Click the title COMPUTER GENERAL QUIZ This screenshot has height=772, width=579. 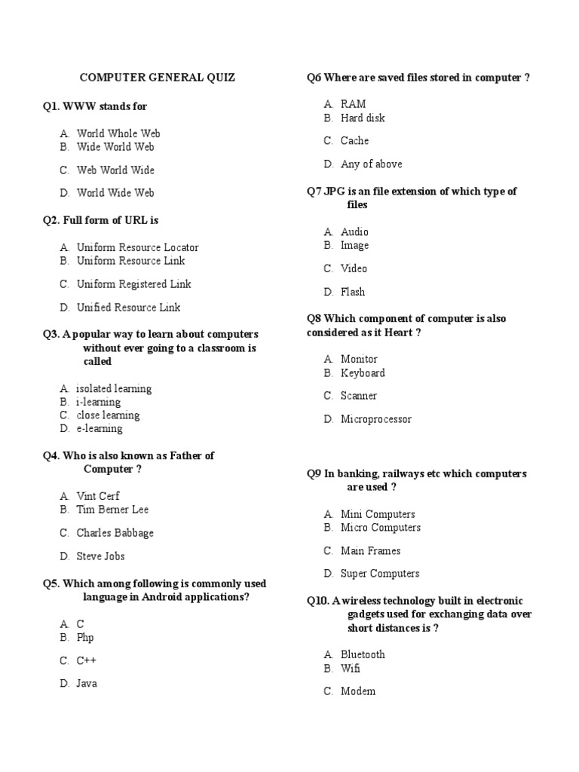(x=158, y=77)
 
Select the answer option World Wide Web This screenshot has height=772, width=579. (x=115, y=193)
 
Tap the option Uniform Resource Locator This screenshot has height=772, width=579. (x=137, y=247)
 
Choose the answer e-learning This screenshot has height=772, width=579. (x=100, y=429)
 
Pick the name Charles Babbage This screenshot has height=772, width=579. (x=115, y=533)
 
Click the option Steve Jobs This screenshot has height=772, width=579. (x=100, y=556)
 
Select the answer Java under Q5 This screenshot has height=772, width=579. (x=87, y=684)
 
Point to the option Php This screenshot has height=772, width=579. (x=85, y=638)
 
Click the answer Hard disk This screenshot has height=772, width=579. (x=363, y=118)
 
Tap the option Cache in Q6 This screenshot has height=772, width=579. (x=354, y=141)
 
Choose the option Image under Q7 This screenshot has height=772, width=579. (x=354, y=246)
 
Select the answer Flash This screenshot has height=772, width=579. (x=353, y=292)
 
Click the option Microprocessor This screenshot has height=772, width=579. (x=376, y=419)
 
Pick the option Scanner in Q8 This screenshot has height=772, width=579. (x=359, y=396)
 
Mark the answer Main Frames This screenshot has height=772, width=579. (x=370, y=551)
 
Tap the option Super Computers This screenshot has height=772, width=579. (x=380, y=574)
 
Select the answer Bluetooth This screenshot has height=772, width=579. (x=363, y=654)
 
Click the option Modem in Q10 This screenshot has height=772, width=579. (x=358, y=691)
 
